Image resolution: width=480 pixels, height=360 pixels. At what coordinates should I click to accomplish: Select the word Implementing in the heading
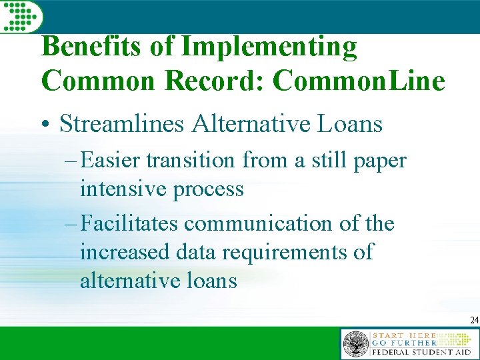269,47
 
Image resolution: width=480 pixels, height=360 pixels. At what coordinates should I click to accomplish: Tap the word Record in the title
211,81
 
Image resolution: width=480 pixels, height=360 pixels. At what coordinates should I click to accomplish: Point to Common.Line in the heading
359,81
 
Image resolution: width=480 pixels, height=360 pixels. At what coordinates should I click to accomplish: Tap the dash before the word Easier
70,161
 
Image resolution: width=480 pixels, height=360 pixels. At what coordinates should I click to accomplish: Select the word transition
190,161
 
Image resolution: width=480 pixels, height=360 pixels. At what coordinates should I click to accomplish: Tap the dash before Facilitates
70,224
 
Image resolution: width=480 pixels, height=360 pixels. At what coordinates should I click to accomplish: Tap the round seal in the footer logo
355,345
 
